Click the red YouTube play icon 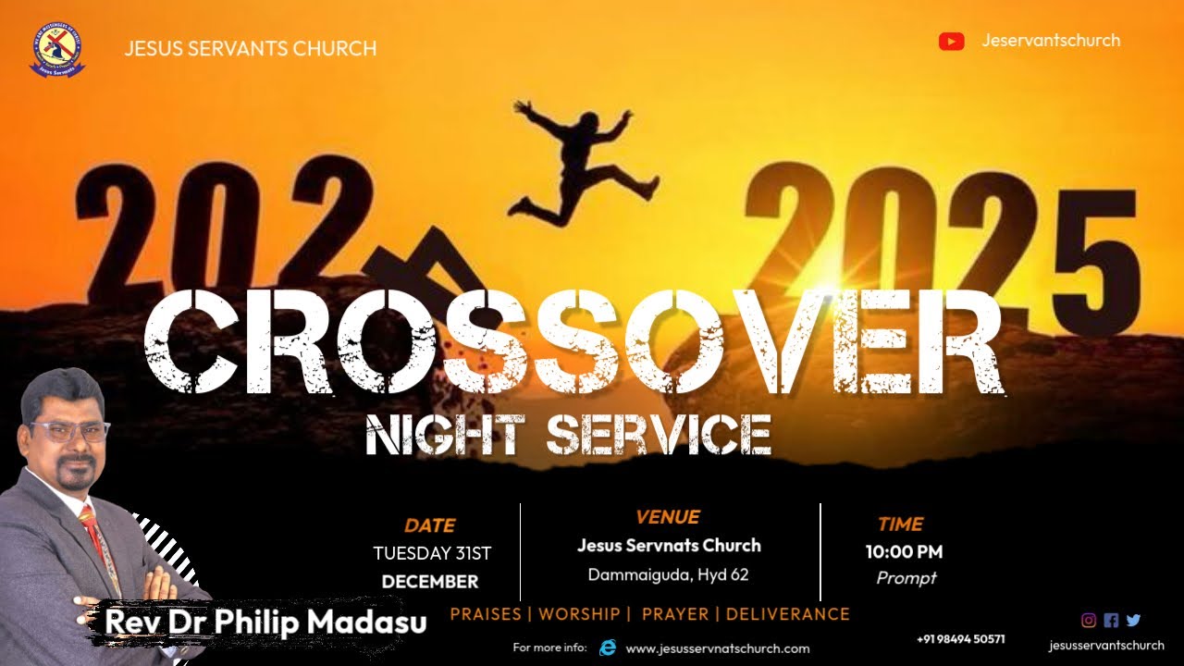tap(951, 42)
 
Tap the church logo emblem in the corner tap(57, 51)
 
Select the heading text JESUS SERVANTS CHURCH tap(251, 48)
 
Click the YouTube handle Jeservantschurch tap(1051, 41)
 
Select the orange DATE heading tap(430, 525)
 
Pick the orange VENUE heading tap(668, 517)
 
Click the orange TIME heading tap(900, 524)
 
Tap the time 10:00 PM tap(904, 552)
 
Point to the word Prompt tap(906, 578)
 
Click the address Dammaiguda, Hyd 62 tap(668, 574)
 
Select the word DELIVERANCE tap(788, 614)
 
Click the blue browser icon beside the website tap(608, 647)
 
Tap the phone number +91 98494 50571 tap(960, 639)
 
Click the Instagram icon tap(1089, 621)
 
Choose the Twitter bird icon tap(1133, 621)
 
